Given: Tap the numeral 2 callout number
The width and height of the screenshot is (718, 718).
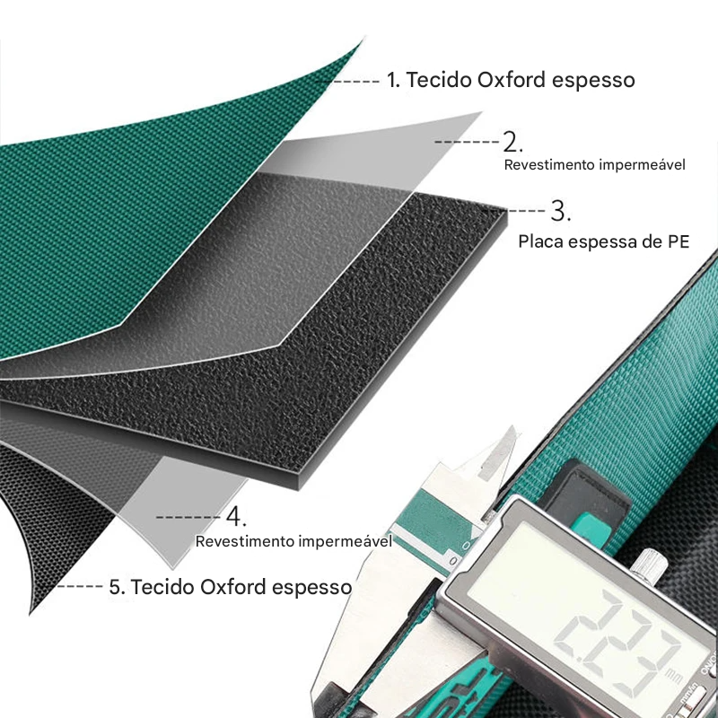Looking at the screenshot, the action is [x=512, y=142].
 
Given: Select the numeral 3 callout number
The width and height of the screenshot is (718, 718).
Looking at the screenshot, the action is [x=559, y=211].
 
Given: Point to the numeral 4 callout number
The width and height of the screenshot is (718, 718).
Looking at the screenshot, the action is [x=236, y=517].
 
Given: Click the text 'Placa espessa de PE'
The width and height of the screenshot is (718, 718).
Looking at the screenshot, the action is [x=603, y=241].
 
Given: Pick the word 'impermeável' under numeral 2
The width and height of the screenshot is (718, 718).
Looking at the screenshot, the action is [x=642, y=165].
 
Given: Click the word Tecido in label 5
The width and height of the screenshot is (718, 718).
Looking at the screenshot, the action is [x=163, y=587].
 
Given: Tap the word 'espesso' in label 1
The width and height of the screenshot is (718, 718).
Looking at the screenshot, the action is [x=593, y=81].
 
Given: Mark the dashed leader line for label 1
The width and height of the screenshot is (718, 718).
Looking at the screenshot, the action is [x=349, y=81].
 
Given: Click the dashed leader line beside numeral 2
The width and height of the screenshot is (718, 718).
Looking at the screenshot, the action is [x=466, y=142].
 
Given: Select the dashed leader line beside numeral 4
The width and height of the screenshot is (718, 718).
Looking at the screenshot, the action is [x=188, y=518].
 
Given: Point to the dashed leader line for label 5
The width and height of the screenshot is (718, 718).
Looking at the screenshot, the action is [x=80, y=586].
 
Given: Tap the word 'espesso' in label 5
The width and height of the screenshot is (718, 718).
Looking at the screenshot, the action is [x=311, y=588].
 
